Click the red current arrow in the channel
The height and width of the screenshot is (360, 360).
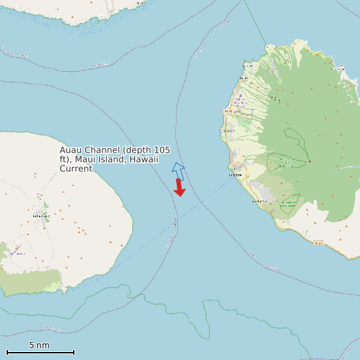(179, 188)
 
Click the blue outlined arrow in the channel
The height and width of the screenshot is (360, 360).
(177, 170)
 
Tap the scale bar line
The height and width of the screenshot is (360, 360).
(40, 352)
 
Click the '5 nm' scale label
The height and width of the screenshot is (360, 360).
(39, 345)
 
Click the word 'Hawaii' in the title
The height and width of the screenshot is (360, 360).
(144, 159)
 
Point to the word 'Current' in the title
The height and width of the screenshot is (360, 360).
(76, 169)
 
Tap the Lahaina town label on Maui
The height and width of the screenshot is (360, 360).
(234, 175)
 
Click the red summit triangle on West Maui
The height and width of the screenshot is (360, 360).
(310, 161)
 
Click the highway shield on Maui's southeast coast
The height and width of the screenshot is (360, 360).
(318, 243)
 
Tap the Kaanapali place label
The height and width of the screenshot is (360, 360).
(226, 131)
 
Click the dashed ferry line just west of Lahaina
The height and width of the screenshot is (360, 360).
(213, 193)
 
